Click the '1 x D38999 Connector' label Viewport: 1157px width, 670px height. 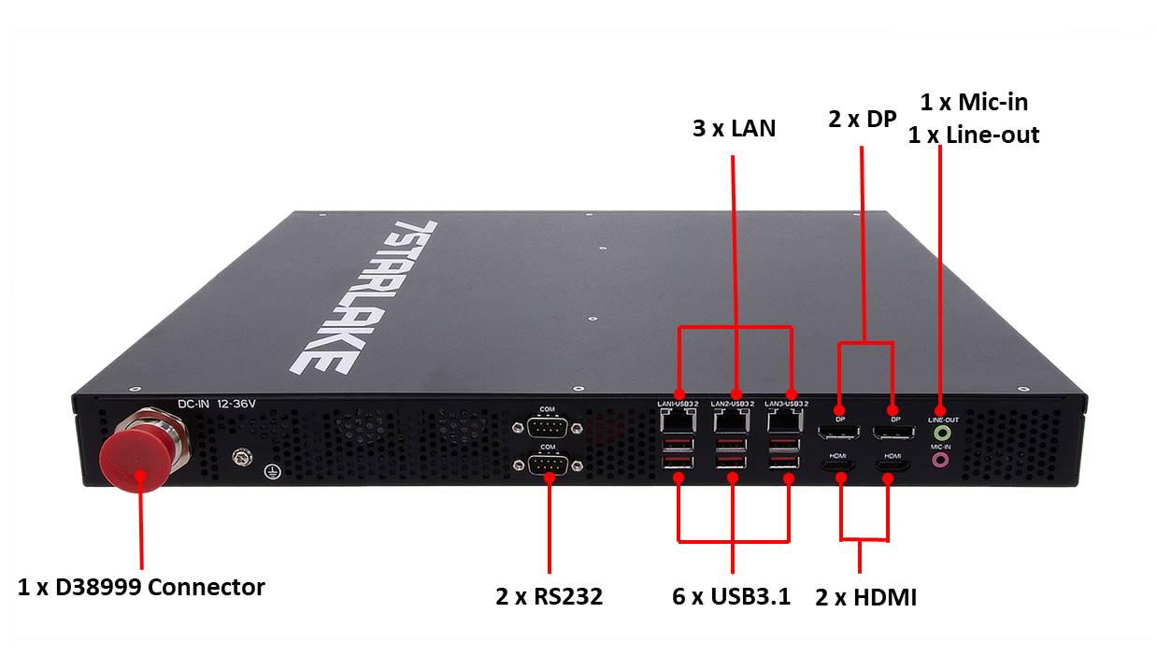point(141,588)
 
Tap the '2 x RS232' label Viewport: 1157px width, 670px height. point(549,596)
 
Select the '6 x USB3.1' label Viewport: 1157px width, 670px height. point(732,596)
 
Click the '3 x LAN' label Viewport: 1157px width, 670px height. point(734,128)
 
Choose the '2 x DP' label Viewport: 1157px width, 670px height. point(862,120)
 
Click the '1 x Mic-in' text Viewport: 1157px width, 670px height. point(974,102)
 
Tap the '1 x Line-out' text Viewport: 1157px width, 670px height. point(973,135)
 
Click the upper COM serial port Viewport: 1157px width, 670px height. point(549,427)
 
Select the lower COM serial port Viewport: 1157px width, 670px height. point(549,464)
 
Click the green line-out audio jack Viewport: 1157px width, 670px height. point(943,433)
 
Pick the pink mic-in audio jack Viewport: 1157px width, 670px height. point(942,460)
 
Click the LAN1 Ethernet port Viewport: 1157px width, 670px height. point(678,421)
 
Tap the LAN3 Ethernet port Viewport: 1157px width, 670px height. point(786,421)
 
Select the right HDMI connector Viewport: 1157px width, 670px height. point(892,463)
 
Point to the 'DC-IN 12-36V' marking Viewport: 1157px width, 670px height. point(216,405)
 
